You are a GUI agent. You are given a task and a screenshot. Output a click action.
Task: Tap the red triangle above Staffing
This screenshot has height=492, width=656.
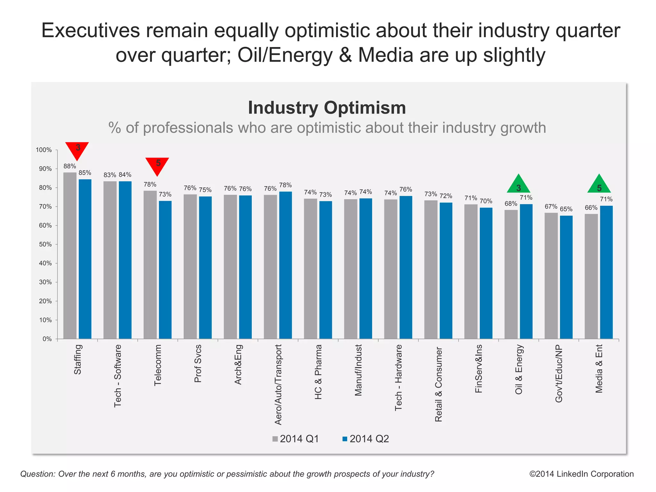tap(77, 150)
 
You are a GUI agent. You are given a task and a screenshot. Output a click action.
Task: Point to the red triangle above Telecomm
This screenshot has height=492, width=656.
tap(157, 165)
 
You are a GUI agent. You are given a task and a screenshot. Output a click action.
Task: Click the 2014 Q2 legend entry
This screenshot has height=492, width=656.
tap(366, 439)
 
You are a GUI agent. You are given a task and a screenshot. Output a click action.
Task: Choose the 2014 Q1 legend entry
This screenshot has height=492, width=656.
tap(296, 439)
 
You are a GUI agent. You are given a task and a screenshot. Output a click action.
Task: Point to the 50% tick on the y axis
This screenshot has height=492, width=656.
tap(45, 245)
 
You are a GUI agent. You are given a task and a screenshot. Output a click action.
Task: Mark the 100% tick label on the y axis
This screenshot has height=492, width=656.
tap(44, 150)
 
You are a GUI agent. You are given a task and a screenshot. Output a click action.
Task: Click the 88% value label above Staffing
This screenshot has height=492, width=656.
tap(70, 166)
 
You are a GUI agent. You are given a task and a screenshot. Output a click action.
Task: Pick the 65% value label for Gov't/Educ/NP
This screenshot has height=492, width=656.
tap(566, 209)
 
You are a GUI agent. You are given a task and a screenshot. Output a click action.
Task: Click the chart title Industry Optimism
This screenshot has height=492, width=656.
tap(327, 108)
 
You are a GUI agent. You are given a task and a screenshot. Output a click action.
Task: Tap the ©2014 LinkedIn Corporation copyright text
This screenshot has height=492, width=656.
tap(581, 474)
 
